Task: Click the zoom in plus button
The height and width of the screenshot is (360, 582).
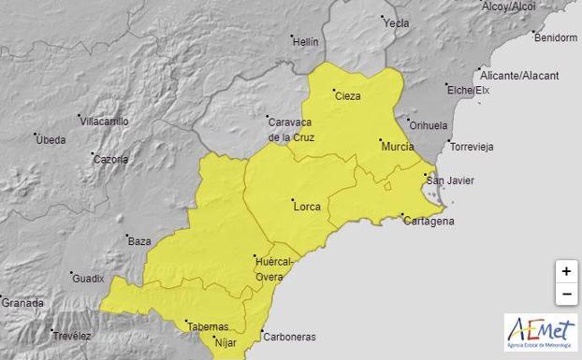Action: point(566,271)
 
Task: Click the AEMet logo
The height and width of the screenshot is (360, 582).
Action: point(540,331)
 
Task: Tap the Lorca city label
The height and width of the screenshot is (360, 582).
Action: point(306,206)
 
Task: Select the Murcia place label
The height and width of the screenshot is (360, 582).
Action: point(396,147)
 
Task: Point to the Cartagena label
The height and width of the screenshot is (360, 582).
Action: point(429,221)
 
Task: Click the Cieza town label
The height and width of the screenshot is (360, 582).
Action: point(347,95)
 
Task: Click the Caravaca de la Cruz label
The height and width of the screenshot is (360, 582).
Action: point(290,130)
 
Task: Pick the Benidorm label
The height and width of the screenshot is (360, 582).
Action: point(555,38)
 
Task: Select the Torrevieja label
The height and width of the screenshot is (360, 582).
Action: point(473,147)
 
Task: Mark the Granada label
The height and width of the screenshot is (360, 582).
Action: point(22,303)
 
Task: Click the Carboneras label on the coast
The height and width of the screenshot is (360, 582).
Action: point(289,337)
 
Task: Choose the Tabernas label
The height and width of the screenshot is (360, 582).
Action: point(208,327)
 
